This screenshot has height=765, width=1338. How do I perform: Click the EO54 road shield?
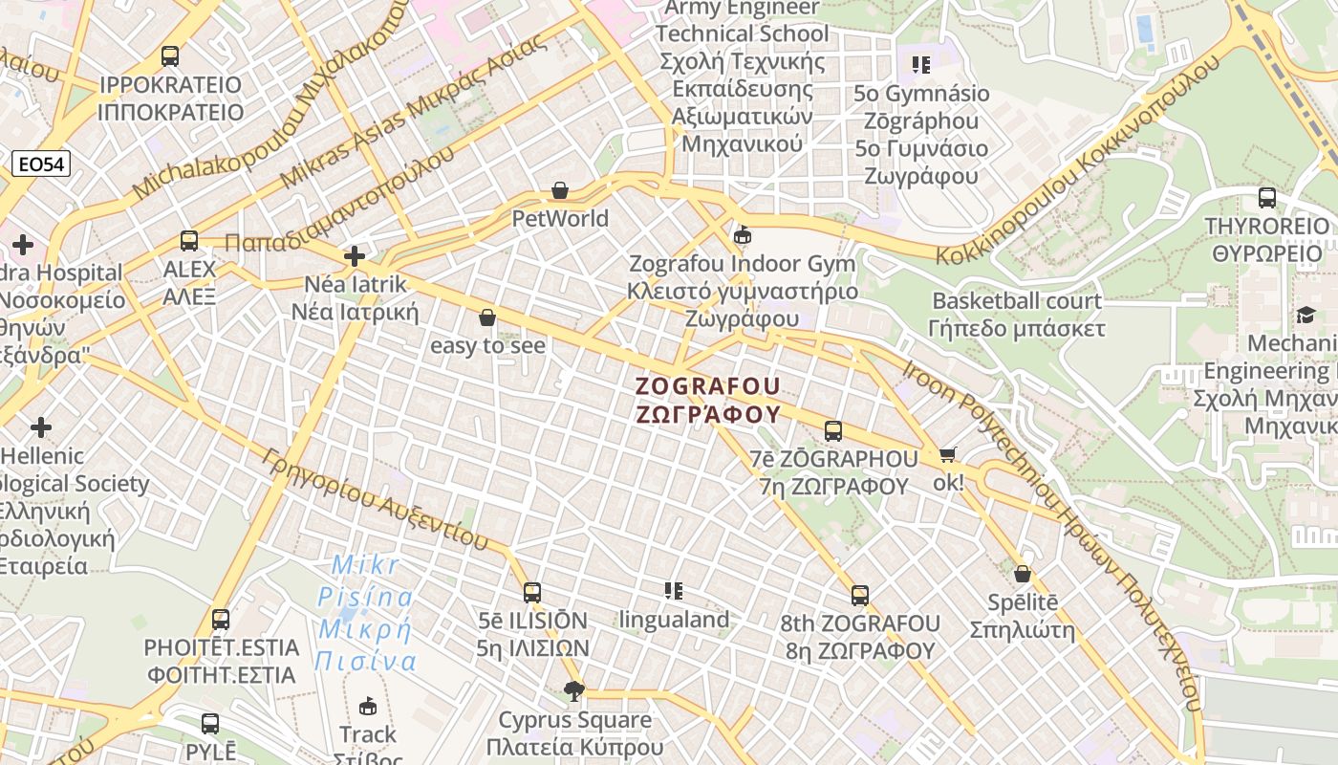point(42,164)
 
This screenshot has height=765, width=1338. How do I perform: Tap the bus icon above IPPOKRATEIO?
point(170,55)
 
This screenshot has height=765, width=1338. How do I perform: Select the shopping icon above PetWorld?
point(560,191)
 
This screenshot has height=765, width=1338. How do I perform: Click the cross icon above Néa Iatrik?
point(355,256)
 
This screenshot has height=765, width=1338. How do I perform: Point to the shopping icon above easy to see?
point(487,317)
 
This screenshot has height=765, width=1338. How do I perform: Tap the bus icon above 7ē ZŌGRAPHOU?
point(833,431)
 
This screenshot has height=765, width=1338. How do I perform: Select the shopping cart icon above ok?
point(948,455)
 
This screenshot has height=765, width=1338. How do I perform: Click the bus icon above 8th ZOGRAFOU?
point(860,596)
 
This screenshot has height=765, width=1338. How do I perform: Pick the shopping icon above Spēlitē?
point(1023,575)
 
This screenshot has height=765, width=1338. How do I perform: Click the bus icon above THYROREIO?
point(1267,198)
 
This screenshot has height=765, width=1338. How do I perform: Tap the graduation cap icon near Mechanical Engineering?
point(1306,316)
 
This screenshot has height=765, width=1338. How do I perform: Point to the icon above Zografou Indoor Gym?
point(743,234)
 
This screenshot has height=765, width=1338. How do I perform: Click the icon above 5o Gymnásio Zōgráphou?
point(921,65)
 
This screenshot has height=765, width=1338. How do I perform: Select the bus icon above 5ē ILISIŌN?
point(532,592)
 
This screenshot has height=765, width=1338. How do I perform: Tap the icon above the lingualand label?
point(675,591)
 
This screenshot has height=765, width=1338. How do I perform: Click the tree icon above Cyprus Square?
point(574,690)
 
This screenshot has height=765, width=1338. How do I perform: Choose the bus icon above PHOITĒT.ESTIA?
point(221,620)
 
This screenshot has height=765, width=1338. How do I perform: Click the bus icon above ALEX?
point(189,241)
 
